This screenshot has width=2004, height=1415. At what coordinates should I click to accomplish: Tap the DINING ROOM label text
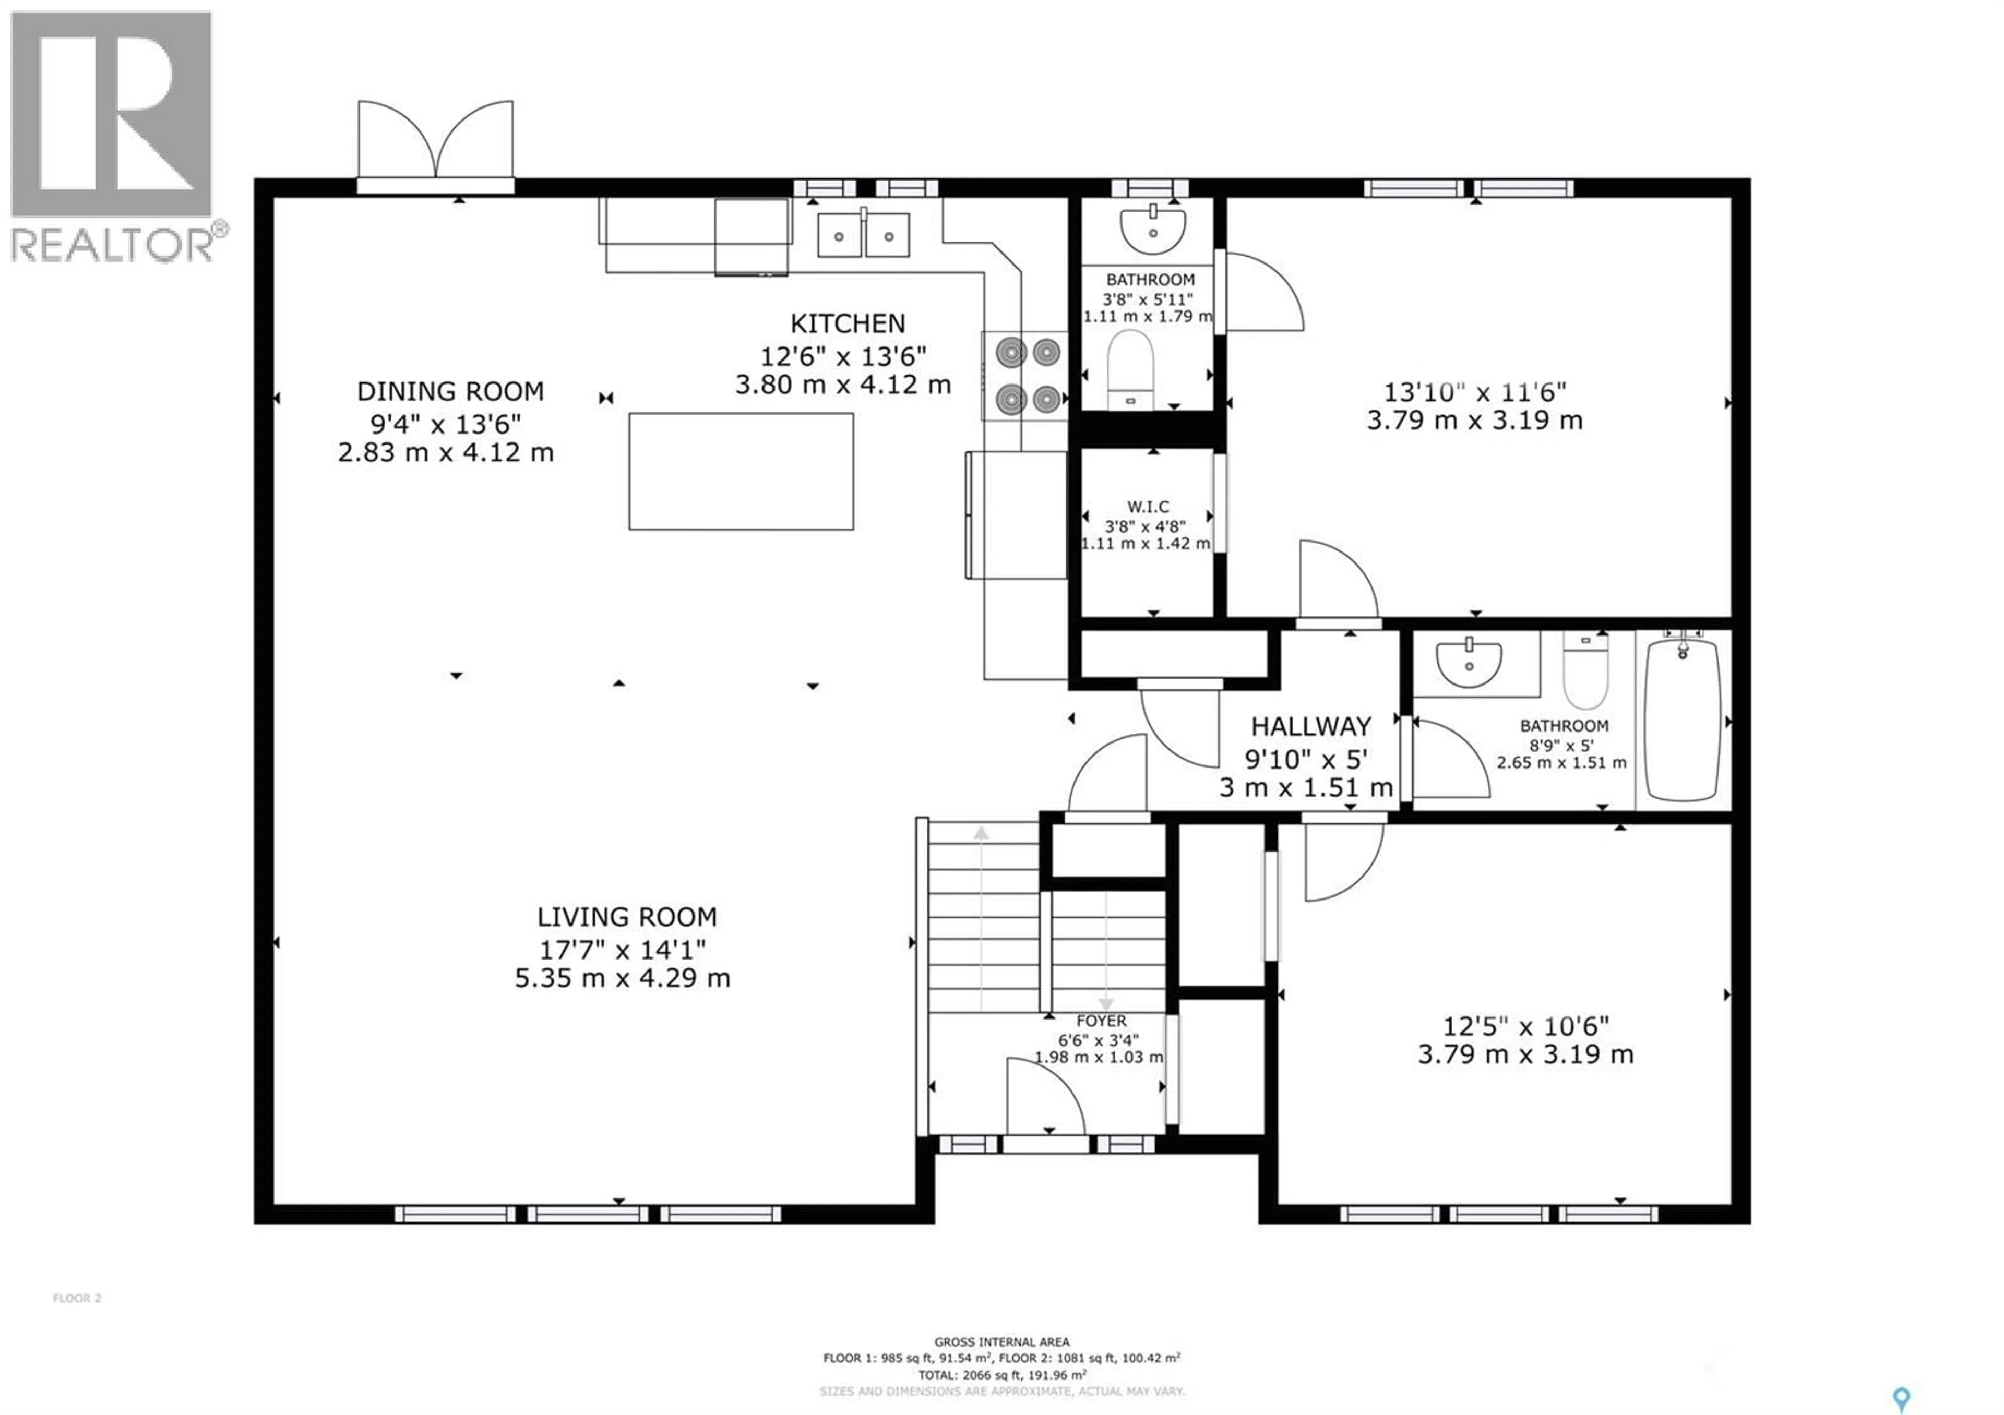[450, 391]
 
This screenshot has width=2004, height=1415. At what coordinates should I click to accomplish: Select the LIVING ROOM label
[627, 917]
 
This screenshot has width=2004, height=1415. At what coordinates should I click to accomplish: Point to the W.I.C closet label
[1148, 507]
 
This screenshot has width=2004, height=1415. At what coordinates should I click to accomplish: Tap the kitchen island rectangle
[741, 471]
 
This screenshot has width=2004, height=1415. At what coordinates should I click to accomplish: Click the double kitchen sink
[863, 235]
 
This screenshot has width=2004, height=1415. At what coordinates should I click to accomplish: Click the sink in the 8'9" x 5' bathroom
[1469, 664]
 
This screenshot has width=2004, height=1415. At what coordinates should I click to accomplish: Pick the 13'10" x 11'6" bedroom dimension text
[1475, 392]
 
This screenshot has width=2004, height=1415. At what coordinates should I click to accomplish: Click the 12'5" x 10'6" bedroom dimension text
[1525, 1026]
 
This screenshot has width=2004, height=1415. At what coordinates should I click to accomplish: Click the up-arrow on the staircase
[982, 833]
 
